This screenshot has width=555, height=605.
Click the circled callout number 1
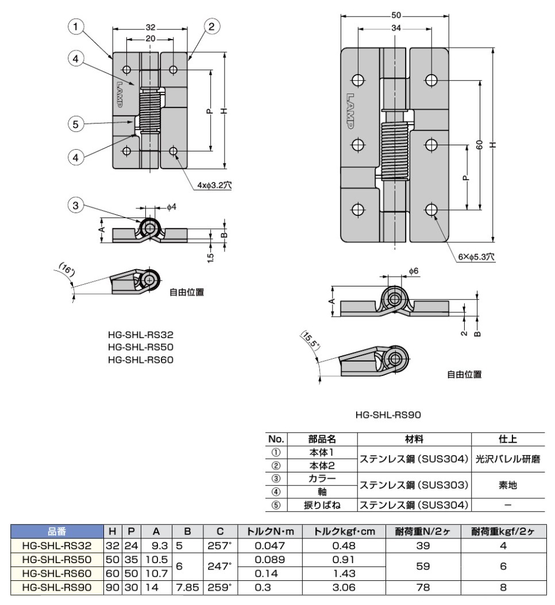[76, 26]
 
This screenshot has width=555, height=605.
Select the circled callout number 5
[76, 123]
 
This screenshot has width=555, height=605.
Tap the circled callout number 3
[76, 204]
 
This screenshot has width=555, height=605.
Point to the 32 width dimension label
[150, 26]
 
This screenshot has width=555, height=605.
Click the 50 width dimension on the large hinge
[395, 15]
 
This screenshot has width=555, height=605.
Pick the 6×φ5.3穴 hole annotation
[476, 258]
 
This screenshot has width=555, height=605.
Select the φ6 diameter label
[414, 270]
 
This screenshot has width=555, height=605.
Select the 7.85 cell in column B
[187, 587]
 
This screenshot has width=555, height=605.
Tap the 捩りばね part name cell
[322, 506]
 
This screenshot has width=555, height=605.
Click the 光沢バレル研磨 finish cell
[507, 459]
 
